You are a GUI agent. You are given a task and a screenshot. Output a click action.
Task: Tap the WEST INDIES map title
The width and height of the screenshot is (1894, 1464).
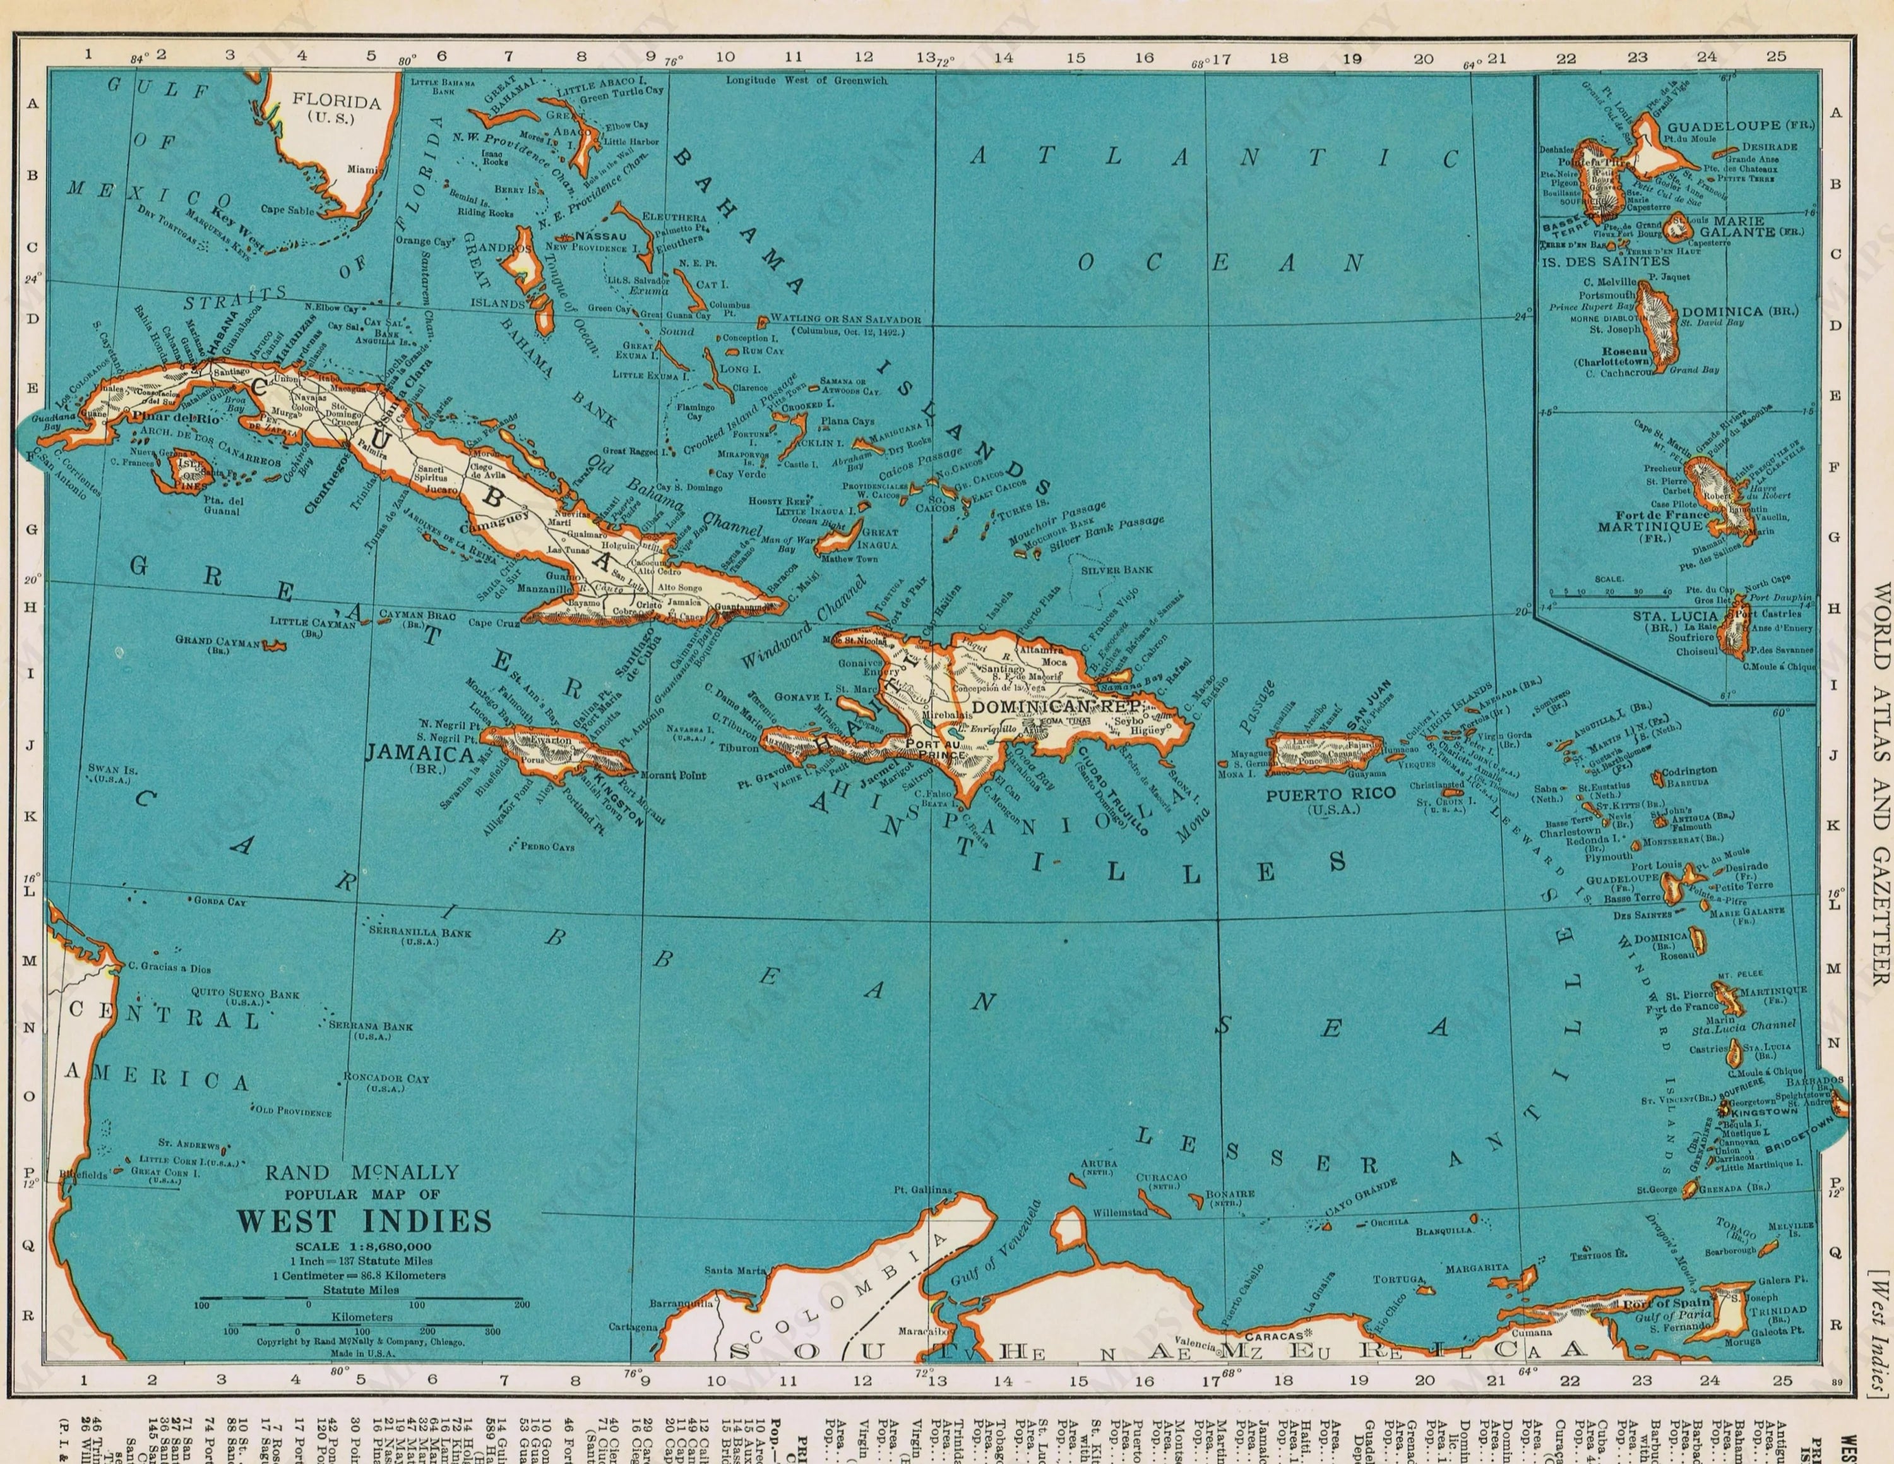coord(364,1221)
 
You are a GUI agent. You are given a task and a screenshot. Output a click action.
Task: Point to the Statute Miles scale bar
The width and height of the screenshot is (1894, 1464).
coord(362,1299)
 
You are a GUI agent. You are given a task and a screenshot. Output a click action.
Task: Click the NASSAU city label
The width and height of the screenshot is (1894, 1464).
coord(600,236)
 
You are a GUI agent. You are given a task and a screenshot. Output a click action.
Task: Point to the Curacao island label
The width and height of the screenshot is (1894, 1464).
coord(1160,1178)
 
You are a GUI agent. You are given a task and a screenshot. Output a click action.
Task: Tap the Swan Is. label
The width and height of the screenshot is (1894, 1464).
coord(109,769)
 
